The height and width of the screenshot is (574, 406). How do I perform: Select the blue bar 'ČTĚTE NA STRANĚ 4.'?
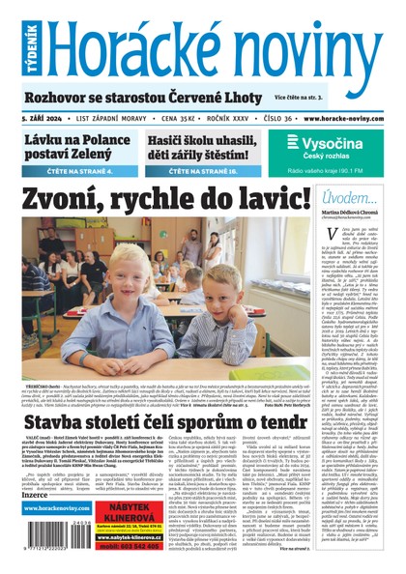click(x=77, y=172)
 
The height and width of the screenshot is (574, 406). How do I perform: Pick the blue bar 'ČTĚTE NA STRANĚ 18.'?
click(x=206, y=172)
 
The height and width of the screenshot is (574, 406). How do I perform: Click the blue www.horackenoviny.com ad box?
click(x=53, y=508)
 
